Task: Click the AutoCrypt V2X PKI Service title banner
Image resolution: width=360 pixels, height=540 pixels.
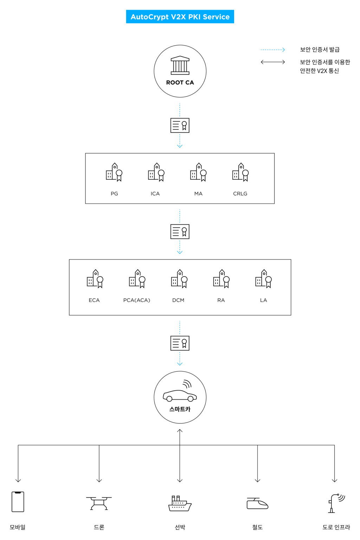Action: (x=180, y=17)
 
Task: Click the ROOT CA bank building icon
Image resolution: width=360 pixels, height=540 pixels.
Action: (x=180, y=65)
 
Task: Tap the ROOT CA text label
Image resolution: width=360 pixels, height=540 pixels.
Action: (x=180, y=83)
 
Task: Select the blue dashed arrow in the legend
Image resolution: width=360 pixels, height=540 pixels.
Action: (x=273, y=50)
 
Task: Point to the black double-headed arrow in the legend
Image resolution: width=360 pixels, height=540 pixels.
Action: (x=273, y=62)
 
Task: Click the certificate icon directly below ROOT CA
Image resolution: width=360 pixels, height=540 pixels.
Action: (x=180, y=126)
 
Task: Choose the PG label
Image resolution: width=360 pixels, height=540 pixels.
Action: (x=114, y=194)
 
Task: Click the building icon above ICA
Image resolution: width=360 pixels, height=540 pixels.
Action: (x=156, y=172)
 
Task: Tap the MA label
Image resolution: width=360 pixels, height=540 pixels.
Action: (x=198, y=194)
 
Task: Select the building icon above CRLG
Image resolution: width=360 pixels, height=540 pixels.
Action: (x=240, y=172)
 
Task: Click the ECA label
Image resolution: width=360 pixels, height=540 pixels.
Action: (x=94, y=300)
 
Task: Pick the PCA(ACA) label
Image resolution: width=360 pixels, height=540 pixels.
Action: (x=137, y=300)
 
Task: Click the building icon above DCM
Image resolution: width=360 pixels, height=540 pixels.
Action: (x=179, y=279)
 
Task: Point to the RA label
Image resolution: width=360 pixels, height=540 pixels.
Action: (x=221, y=300)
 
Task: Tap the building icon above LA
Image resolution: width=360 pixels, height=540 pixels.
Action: (x=264, y=279)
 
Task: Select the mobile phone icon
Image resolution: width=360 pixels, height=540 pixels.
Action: (x=18, y=501)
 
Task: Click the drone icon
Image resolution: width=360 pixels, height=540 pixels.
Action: (x=99, y=503)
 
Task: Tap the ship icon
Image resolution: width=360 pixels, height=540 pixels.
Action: (x=180, y=503)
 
